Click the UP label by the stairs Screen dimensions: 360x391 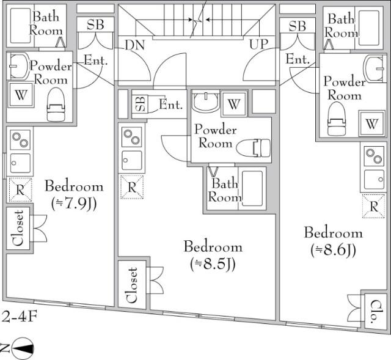259,45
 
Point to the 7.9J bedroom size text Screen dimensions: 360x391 73,202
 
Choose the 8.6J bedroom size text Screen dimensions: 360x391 333,249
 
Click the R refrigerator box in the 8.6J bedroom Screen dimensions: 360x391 373,205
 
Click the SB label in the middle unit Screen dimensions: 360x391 139,104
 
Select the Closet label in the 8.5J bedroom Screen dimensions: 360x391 133,285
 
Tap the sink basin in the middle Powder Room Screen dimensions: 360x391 206,101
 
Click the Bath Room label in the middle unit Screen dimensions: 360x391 224,189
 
